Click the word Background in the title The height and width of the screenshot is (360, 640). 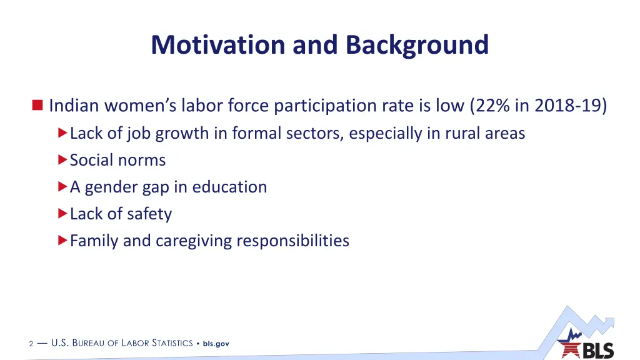pyautogui.click(x=417, y=45)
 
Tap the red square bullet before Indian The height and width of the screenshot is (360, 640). pyautogui.click(x=37, y=105)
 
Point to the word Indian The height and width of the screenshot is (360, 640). pyautogui.click(x=74, y=105)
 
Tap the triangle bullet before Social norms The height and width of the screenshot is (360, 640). pyautogui.click(x=62, y=159)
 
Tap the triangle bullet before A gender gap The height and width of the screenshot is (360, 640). pyautogui.click(x=62, y=186)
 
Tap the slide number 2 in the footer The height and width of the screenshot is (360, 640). pyautogui.click(x=31, y=344)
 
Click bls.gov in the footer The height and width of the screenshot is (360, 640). pyautogui.click(x=216, y=344)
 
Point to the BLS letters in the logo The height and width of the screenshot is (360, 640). pyautogui.click(x=598, y=351)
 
